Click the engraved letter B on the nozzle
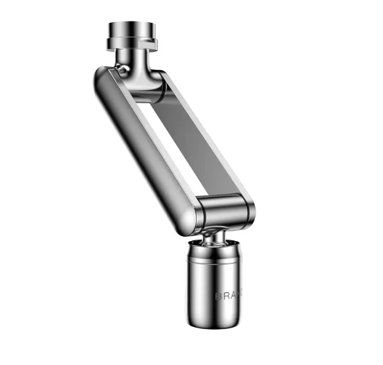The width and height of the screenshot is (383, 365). click(219, 294)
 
